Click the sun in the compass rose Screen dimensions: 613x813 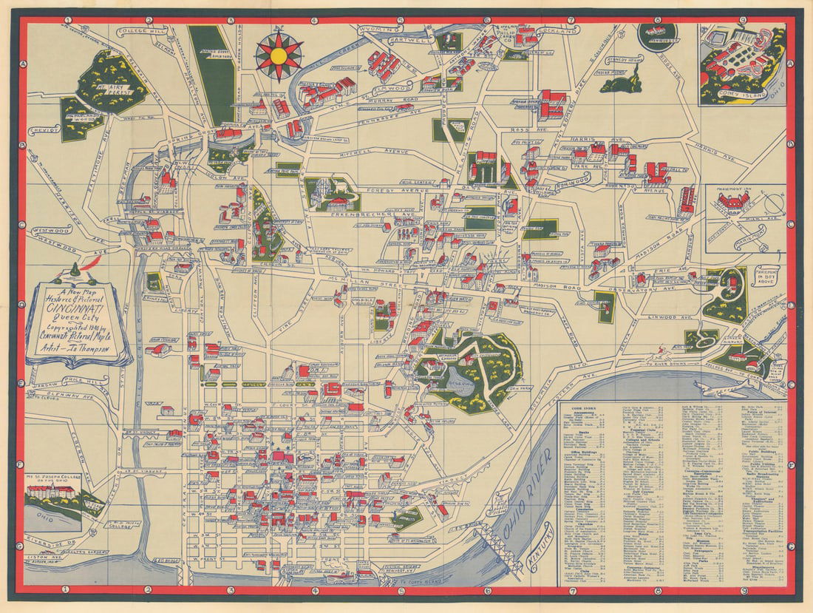279,54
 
